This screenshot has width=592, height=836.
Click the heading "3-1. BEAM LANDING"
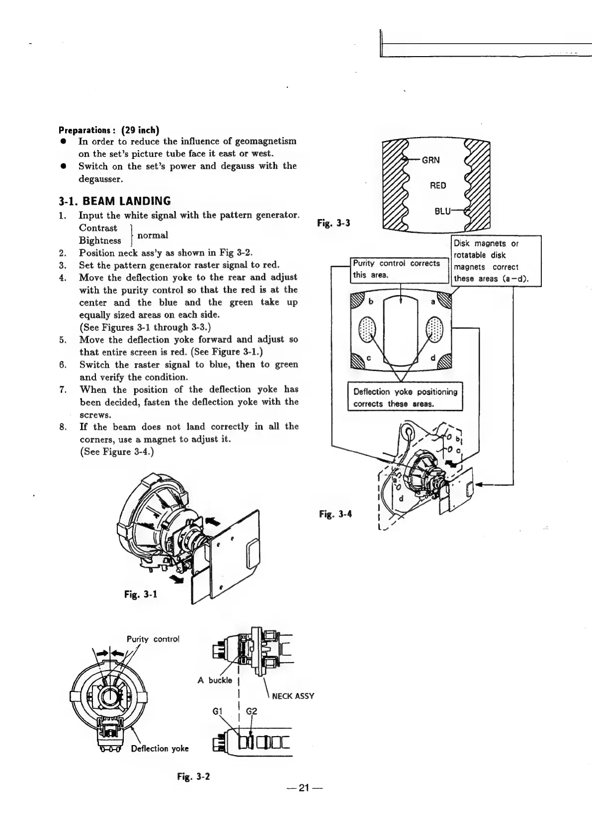[115, 201]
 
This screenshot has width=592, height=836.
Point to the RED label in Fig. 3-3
[437, 186]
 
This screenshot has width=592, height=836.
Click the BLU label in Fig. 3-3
[442, 211]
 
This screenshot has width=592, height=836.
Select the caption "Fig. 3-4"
[336, 514]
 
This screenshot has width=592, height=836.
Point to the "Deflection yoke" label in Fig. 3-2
[160, 749]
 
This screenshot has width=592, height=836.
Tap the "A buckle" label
[215, 680]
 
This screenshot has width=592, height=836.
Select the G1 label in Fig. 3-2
[216, 710]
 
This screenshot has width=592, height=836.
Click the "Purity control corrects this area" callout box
[396, 269]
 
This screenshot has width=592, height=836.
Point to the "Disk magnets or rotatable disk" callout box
[495, 261]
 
